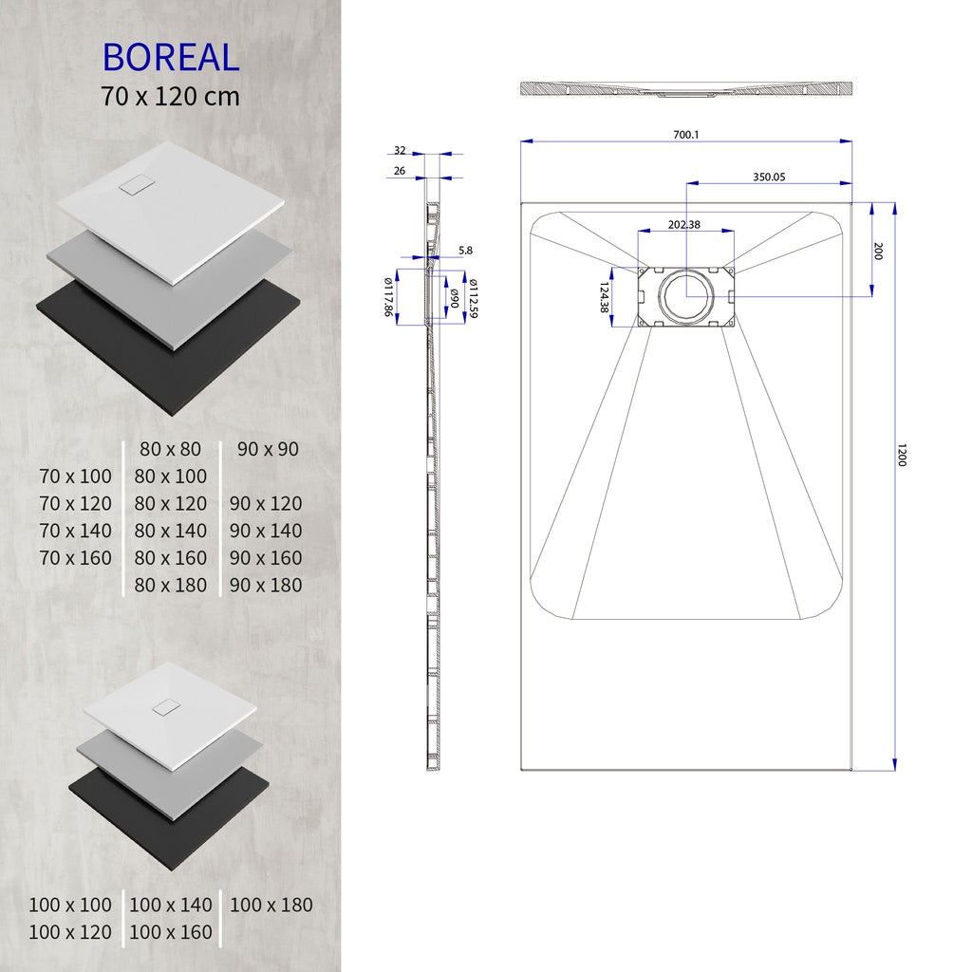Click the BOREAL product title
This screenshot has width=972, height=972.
[171, 58]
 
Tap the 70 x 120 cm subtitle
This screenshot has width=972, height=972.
[171, 96]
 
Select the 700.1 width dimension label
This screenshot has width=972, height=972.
[685, 135]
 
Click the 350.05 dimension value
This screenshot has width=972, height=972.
[769, 177]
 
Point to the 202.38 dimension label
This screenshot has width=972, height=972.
[684, 225]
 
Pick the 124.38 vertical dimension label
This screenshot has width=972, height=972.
[604, 297]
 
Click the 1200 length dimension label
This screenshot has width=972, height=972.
[902, 456]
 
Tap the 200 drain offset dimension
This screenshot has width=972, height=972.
[878, 252]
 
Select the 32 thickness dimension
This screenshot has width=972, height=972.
[400, 151]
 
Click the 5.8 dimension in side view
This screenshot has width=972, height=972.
[465, 251]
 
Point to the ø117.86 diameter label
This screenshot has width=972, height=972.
[389, 297]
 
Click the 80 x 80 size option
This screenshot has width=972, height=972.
[171, 449]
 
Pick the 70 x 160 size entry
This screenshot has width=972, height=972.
[76, 558]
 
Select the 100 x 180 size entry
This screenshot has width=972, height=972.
[271, 906]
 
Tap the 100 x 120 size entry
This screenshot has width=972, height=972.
[70, 933]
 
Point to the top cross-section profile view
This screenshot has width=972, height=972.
[685, 89]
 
